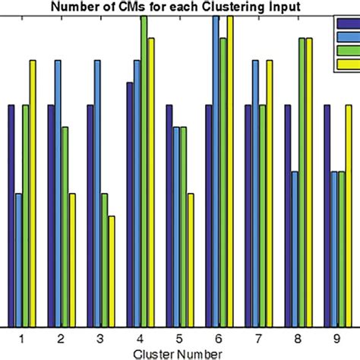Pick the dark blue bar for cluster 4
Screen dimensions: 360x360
(130, 204)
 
